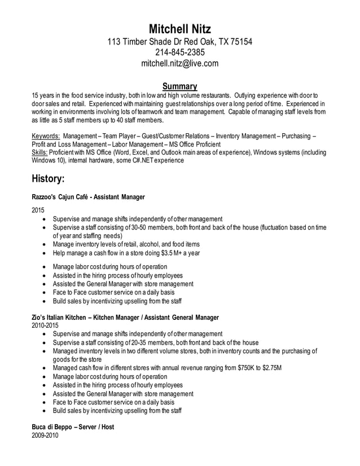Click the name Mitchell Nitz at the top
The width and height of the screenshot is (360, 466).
[x=179, y=29]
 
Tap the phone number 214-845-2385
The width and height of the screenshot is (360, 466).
[x=179, y=52]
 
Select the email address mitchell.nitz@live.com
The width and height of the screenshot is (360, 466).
[x=179, y=64]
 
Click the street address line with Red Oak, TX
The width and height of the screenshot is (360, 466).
[x=179, y=42]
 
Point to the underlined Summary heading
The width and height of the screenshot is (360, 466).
[x=179, y=86]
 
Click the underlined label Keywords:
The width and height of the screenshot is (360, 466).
[x=46, y=136]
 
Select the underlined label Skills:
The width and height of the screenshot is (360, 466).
[x=40, y=152]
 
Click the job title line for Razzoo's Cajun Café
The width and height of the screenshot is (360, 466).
[x=89, y=197]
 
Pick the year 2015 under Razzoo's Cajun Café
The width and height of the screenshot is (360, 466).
[x=38, y=210]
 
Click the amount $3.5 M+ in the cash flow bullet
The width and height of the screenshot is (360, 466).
[x=173, y=252]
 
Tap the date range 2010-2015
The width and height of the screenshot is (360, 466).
[x=45, y=326]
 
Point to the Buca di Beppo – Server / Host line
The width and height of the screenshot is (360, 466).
[x=73, y=427]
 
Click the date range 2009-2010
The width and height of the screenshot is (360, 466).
[x=45, y=436]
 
